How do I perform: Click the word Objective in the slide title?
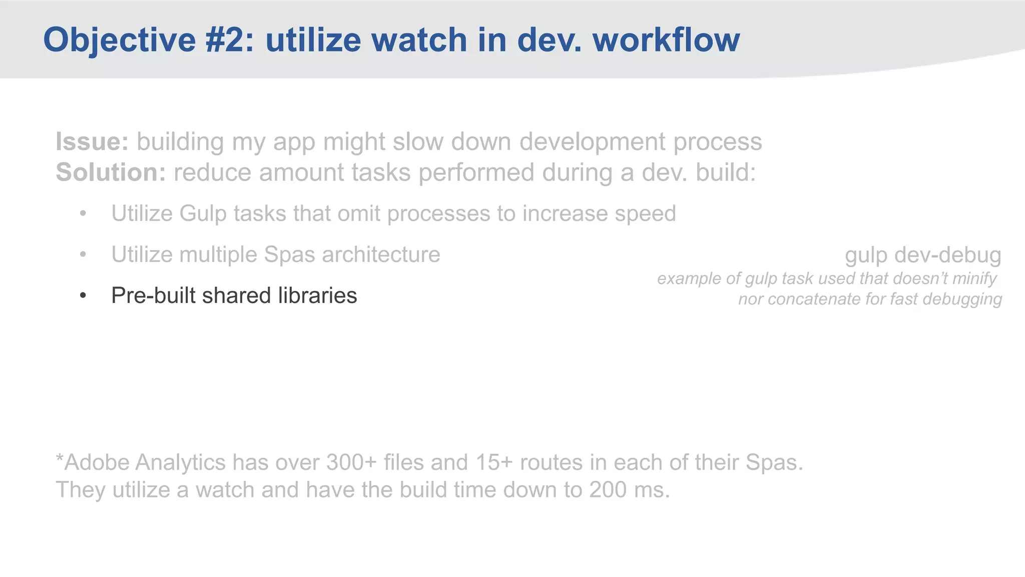pyautogui.click(x=119, y=40)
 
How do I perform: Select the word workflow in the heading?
pyautogui.click(x=666, y=40)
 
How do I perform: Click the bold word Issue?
pyautogui.click(x=92, y=142)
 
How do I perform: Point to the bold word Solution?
pyautogui.click(x=111, y=172)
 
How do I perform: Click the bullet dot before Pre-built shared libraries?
pyautogui.click(x=83, y=296)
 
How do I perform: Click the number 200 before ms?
pyautogui.click(x=607, y=490)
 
